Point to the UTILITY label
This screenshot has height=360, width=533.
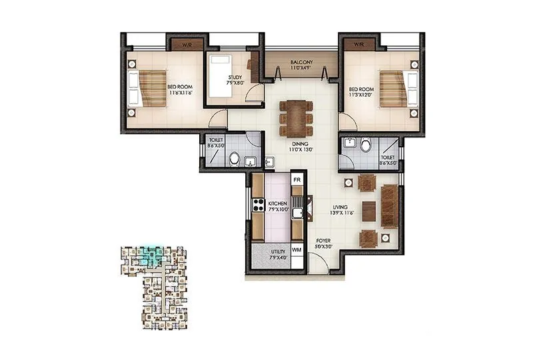pos(278,253)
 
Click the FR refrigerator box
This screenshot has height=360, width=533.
pos(298,181)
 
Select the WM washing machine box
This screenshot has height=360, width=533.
pos(297,249)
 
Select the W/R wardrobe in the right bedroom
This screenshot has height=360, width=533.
pos(359,45)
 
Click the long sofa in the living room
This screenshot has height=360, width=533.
pos(390,207)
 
